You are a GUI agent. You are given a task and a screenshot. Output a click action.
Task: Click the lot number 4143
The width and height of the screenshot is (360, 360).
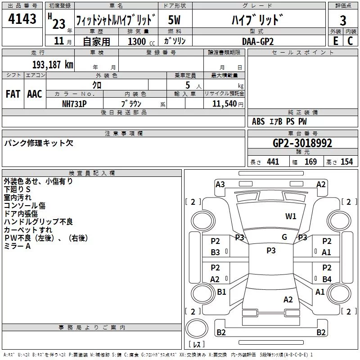22,18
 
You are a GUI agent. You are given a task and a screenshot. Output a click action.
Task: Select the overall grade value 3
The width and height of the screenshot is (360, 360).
343,20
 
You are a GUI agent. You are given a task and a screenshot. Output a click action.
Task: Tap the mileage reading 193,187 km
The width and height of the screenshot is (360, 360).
53,65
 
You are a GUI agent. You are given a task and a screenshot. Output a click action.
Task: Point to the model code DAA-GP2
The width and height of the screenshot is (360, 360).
258,41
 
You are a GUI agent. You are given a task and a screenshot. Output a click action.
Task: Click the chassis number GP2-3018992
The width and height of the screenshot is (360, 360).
302,143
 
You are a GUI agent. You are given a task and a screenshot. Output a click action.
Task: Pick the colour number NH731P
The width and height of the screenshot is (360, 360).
74,104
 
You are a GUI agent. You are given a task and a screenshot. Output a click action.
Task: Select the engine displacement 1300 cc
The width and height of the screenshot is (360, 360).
141,41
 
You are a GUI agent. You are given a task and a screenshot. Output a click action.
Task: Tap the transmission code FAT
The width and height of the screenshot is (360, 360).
13,94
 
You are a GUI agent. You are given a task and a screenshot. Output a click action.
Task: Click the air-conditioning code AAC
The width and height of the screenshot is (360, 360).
35,94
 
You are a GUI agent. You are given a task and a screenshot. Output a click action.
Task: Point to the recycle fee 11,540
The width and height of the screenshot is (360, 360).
224,103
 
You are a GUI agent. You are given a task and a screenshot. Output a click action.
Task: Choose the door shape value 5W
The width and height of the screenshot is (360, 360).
174,20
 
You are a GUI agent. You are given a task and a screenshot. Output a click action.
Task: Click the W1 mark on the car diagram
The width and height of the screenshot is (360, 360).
291,216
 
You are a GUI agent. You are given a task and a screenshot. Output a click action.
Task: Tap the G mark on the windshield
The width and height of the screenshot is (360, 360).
284,237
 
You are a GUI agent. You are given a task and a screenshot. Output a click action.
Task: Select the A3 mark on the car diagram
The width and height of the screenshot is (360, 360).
220,184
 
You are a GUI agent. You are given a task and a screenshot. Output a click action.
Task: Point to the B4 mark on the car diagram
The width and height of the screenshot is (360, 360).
327,279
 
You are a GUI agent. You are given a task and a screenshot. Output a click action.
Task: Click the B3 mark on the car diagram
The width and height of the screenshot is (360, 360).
215,252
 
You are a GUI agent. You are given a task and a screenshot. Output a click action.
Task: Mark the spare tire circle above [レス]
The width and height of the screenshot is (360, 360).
197,328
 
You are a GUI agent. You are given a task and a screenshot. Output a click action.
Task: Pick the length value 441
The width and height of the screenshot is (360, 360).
273,162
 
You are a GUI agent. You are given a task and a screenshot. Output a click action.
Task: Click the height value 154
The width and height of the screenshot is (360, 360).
346,162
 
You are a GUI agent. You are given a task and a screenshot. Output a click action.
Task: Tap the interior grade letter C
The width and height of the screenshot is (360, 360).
350,41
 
